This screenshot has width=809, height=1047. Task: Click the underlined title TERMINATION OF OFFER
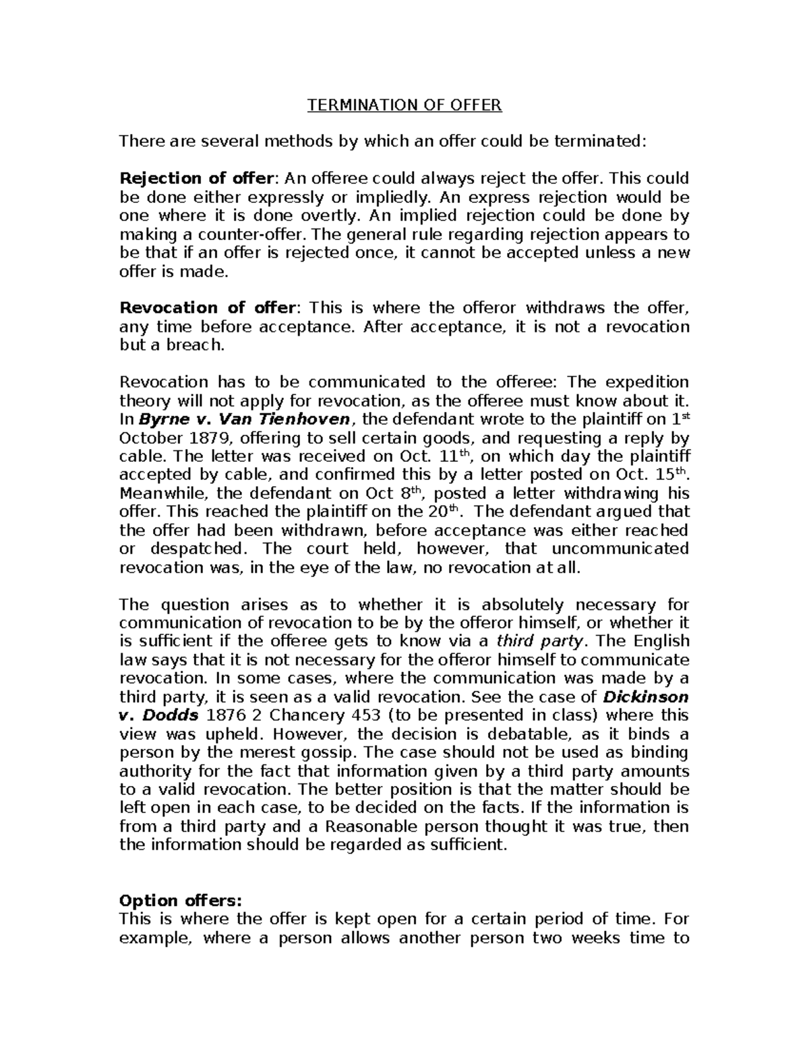pos(404,105)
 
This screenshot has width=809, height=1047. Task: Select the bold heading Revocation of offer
pos(207,308)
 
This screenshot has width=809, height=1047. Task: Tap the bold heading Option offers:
pos(179,901)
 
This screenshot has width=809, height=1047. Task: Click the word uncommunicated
pos(615,548)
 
